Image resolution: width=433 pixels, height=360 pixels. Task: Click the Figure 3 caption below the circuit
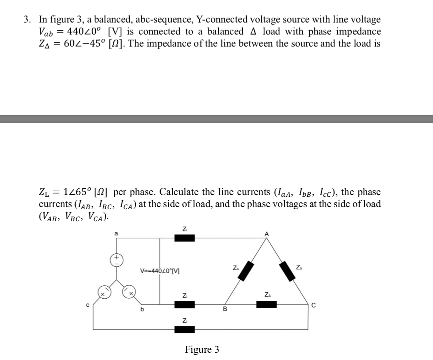202,350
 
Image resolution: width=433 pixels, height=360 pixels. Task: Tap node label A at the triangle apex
267,234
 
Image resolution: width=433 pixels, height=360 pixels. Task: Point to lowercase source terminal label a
116,233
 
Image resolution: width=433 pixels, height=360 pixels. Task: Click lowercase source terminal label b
142,310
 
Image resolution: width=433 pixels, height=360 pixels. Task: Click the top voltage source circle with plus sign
117,260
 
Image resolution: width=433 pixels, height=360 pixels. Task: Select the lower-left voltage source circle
103,292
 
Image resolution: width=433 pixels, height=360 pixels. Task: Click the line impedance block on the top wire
184,238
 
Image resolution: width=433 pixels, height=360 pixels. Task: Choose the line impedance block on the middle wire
184,304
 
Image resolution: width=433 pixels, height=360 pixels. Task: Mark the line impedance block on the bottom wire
184,330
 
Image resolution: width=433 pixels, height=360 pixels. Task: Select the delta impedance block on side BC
267,304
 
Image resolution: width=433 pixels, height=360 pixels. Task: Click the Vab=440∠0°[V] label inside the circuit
160,271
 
